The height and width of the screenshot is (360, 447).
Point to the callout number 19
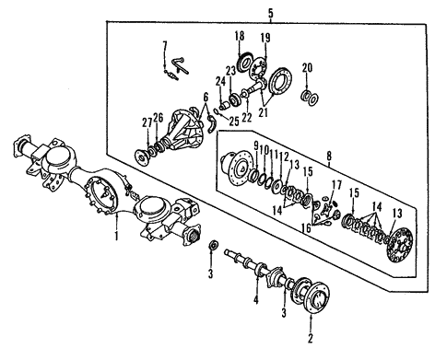tap(265, 38)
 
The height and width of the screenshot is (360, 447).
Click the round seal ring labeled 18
tap(245, 63)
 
